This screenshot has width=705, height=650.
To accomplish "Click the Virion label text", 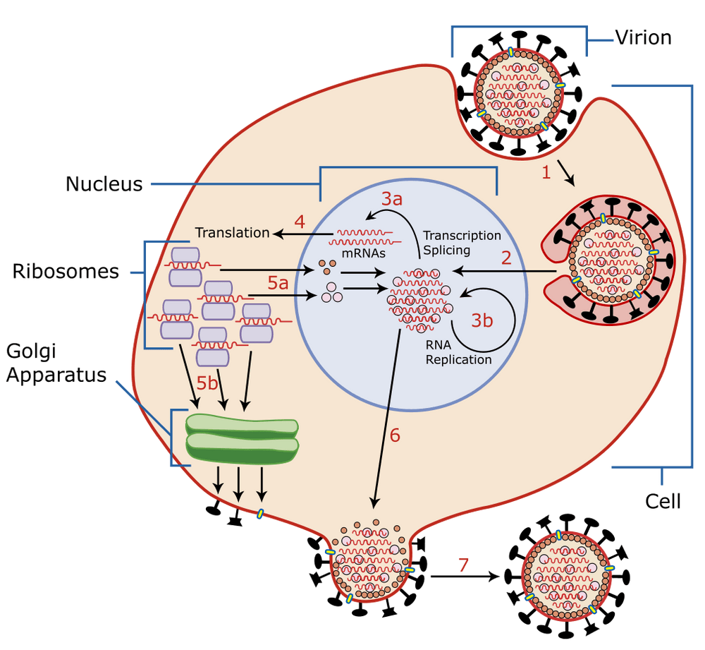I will coord(642,38).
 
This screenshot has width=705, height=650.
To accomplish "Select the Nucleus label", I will coord(104,185).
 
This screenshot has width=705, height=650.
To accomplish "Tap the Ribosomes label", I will coord(66,272).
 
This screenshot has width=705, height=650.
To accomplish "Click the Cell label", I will coord(663,502).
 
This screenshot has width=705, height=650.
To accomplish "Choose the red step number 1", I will coord(544,172).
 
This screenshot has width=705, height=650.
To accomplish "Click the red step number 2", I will coord(505,258).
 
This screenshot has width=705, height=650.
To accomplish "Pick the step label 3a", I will coord(392,199).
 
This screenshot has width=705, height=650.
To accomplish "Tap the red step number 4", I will coord(299,221).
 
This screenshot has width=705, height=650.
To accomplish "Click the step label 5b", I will coord(207,383).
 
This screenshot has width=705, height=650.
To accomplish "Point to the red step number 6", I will coord(394,435).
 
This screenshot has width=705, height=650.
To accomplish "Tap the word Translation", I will coord(232,233).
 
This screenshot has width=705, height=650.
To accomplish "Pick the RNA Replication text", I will coord(458,352).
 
